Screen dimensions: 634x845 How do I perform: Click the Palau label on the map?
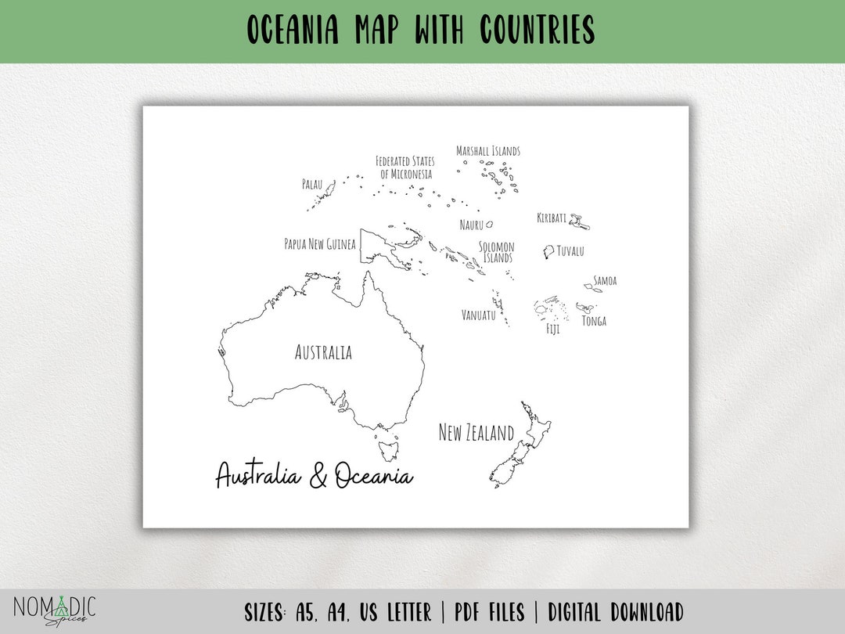point(312,185)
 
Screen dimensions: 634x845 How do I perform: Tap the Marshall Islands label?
point(488,151)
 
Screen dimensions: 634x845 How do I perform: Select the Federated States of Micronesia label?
point(405,168)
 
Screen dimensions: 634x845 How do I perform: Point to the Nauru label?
point(471,225)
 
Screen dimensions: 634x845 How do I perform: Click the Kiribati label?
point(552,218)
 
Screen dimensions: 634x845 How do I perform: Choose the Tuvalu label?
point(570,251)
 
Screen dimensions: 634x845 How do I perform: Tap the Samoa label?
point(605,280)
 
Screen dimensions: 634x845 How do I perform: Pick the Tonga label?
point(594,321)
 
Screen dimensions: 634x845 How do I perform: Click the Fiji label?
point(552,330)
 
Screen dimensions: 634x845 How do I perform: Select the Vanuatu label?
point(479,315)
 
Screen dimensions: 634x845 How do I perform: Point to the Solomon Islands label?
point(497,252)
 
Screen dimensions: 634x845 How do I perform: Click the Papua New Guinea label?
point(320,244)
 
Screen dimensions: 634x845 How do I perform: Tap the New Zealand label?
point(476,433)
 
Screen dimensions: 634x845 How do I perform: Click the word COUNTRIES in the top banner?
point(537,31)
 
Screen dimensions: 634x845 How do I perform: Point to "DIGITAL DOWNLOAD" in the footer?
point(616,612)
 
